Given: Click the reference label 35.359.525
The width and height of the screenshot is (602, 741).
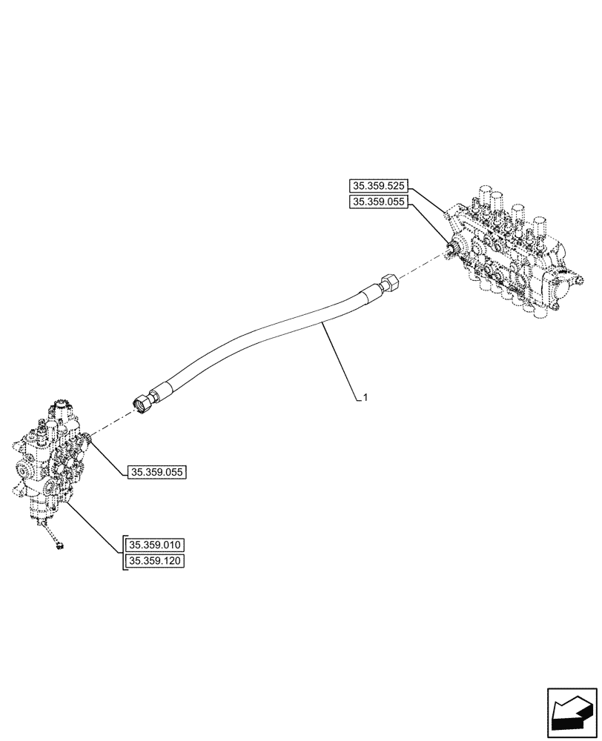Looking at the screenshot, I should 378,186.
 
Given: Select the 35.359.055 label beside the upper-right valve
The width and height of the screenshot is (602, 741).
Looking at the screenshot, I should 378,202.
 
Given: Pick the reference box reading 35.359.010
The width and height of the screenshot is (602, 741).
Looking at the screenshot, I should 156,545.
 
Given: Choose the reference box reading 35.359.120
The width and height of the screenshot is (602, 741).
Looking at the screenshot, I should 156,561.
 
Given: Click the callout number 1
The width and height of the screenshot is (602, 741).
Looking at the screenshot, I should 365,398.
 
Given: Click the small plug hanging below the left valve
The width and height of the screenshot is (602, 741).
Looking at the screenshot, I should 58,546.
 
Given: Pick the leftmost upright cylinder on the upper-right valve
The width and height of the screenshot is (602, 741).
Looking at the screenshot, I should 483,198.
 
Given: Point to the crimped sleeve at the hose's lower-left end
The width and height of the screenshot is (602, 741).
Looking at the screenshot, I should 161,391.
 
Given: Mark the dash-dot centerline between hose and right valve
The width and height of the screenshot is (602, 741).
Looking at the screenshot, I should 423,265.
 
